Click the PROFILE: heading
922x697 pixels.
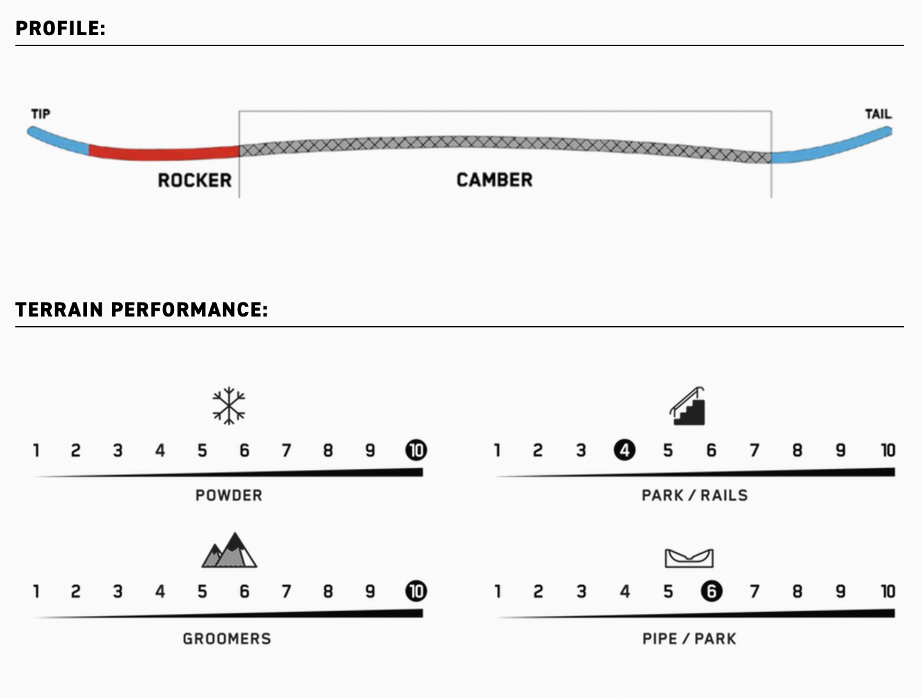click(x=60, y=29)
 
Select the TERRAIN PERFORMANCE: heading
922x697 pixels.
click(x=141, y=310)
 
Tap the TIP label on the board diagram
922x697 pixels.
click(x=40, y=114)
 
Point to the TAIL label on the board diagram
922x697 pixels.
click(x=877, y=114)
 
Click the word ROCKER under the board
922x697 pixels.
click(x=194, y=180)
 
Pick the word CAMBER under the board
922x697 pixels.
click(x=494, y=180)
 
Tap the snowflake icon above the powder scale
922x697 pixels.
click(x=229, y=405)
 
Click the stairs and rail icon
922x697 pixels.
click(x=688, y=407)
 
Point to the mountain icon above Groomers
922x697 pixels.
click(x=229, y=551)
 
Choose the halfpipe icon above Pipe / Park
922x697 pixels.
click(x=689, y=558)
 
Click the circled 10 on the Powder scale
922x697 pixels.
click(x=416, y=450)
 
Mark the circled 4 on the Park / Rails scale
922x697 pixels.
click(x=625, y=450)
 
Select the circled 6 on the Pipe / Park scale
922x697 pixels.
click(x=711, y=591)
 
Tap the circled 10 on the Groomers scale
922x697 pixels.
click(x=416, y=591)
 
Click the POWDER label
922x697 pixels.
click(x=229, y=496)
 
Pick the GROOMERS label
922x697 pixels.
click(x=227, y=639)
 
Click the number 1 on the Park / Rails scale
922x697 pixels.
click(x=497, y=450)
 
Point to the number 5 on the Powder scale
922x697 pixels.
click(x=202, y=450)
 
